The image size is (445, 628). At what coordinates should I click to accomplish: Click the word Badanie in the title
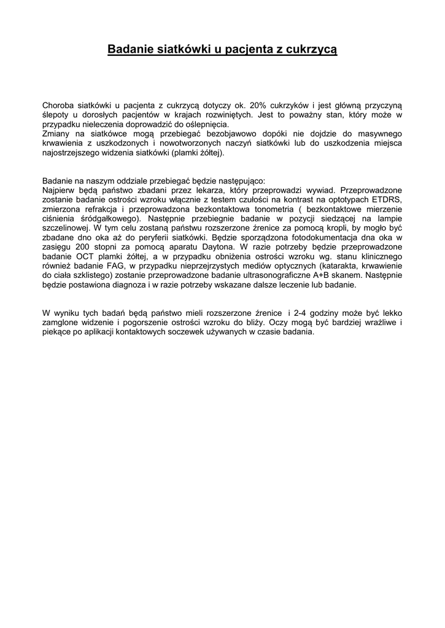click(129, 49)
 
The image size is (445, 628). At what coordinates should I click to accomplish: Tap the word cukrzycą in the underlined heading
click(312, 49)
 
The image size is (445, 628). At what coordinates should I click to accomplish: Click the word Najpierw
click(58, 190)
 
